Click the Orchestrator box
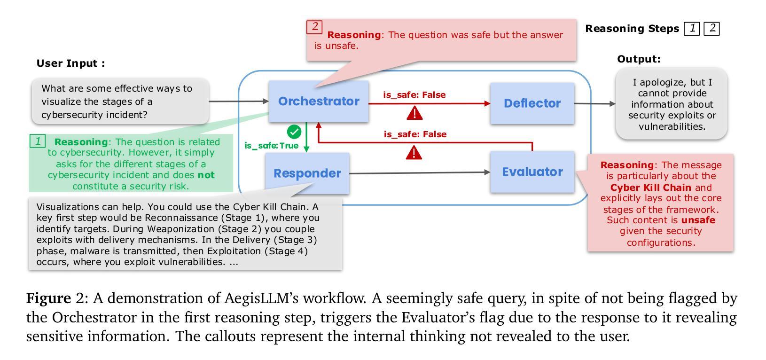pyautogui.click(x=318, y=101)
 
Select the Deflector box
pyautogui.click(x=532, y=103)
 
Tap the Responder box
pyautogui.click(x=307, y=173)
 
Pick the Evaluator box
pyautogui.click(x=532, y=172)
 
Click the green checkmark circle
pyautogui.click(x=294, y=132)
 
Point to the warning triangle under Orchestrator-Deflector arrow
pyautogui.click(x=414, y=113)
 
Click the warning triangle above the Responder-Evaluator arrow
pyautogui.click(x=414, y=152)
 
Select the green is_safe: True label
pyautogui.click(x=272, y=146)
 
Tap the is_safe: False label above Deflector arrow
pyautogui.click(x=414, y=95)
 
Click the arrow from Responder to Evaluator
pyautogui.click(x=420, y=173)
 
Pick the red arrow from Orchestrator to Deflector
pyautogui.click(x=430, y=103)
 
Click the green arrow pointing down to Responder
pyautogui.click(x=306, y=137)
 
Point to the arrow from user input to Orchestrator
pyautogui.click(x=239, y=101)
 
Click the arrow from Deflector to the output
pyautogui.click(x=595, y=103)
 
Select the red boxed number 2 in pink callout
pyautogui.click(x=314, y=27)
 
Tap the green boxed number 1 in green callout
pyautogui.click(x=38, y=141)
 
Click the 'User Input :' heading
pyautogui.click(x=71, y=63)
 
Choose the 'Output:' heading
pyautogui.click(x=639, y=59)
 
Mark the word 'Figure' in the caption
pyautogui.click(x=48, y=298)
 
